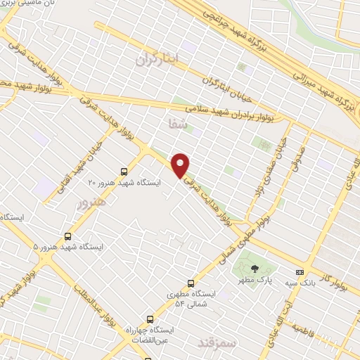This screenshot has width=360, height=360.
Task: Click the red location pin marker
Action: tap(181, 165)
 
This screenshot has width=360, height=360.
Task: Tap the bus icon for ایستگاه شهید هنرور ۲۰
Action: tap(124, 171)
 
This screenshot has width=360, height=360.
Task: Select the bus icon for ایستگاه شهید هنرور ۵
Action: tap(68, 236)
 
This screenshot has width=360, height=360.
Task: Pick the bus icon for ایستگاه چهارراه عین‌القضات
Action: tap(149, 318)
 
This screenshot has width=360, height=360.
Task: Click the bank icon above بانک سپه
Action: tap(300, 271)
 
